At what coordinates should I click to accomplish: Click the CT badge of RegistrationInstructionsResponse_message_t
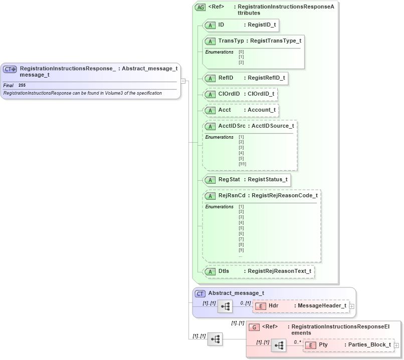click(x=10, y=69)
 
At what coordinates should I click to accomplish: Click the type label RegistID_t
click(x=260, y=25)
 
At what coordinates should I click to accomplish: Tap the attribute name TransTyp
click(x=231, y=41)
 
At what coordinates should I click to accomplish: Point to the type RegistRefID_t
click(x=266, y=78)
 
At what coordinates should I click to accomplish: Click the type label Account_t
click(x=261, y=110)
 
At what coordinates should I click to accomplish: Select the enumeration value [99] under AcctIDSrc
click(x=242, y=164)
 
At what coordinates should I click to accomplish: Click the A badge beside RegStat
click(x=212, y=180)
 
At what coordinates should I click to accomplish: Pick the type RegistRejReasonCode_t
click(x=284, y=196)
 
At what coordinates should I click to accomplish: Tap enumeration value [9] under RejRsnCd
click(x=241, y=250)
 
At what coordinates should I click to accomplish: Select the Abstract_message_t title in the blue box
click(x=236, y=293)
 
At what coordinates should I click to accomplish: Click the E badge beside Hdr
click(x=261, y=306)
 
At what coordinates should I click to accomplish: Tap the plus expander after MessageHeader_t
click(x=352, y=306)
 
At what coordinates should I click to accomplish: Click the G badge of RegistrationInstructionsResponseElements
click(x=254, y=327)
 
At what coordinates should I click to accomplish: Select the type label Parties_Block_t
click(x=367, y=345)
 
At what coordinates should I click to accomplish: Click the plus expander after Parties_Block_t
click(x=396, y=345)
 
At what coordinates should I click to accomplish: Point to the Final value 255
click(x=22, y=86)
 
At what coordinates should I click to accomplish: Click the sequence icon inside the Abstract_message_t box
click(x=225, y=306)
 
